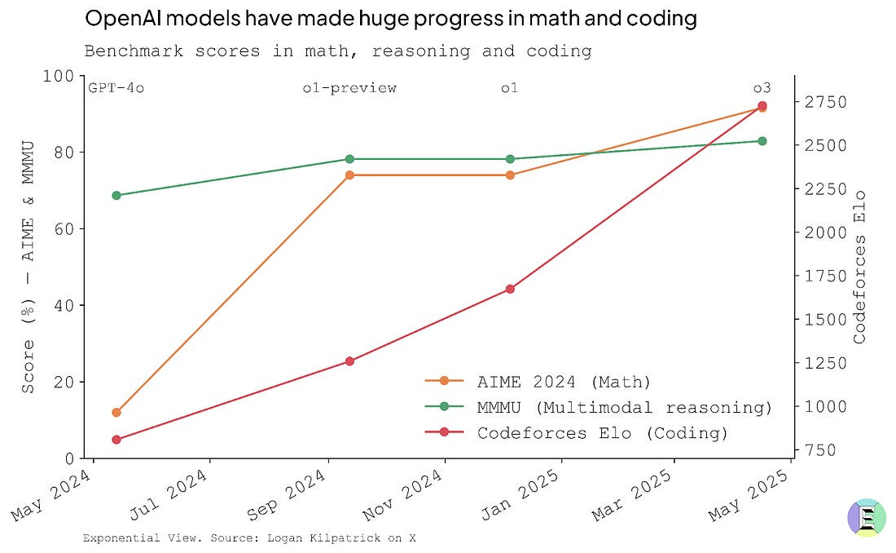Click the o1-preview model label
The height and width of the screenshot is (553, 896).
(x=349, y=88)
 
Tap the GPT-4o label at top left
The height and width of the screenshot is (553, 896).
(x=116, y=88)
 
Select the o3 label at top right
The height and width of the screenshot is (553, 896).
(x=762, y=88)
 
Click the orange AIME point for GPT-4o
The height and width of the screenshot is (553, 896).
(x=116, y=413)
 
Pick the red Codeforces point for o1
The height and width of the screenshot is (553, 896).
(x=510, y=289)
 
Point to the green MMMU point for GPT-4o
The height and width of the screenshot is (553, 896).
(x=116, y=196)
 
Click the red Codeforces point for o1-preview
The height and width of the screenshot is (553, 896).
(x=349, y=361)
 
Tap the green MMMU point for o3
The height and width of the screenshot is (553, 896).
(x=762, y=141)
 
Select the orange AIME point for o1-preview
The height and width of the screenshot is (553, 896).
(x=349, y=175)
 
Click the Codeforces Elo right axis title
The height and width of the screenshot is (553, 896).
(x=859, y=267)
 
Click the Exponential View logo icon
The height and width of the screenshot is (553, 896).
(x=867, y=519)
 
